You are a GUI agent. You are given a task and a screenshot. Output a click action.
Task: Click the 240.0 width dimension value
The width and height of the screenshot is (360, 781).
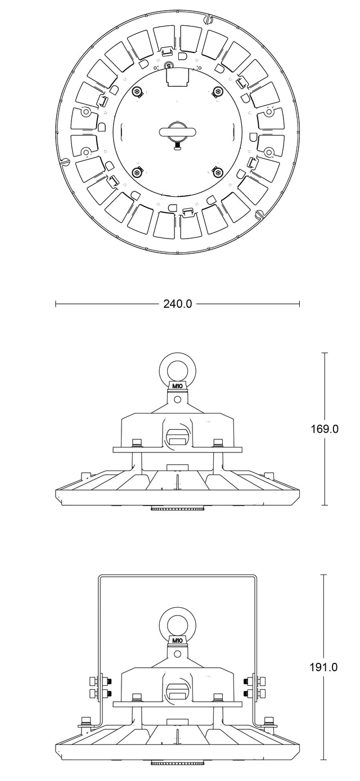178,304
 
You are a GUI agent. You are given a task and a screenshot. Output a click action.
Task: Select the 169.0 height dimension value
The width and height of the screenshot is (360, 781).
325,429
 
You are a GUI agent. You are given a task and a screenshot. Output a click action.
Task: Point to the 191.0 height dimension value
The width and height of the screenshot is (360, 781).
324,667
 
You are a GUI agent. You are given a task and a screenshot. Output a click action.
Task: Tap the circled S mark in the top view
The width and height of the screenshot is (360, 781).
169,65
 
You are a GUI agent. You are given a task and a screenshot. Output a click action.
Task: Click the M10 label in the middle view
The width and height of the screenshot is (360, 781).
178,386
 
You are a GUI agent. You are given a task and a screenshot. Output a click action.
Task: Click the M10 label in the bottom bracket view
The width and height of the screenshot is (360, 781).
178,640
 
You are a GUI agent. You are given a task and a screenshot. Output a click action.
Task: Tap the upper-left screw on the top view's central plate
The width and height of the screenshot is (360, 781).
137,91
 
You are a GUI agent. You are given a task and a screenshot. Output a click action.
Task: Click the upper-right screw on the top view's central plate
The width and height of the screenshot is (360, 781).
218,91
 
